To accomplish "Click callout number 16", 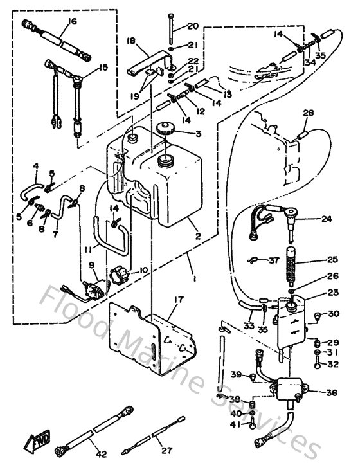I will (x=71, y=21).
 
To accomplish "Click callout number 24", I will (x=327, y=219).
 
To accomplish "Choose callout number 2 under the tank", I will (x=199, y=236).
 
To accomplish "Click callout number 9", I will (x=91, y=264).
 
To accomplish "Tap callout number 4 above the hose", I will (x=35, y=166).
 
